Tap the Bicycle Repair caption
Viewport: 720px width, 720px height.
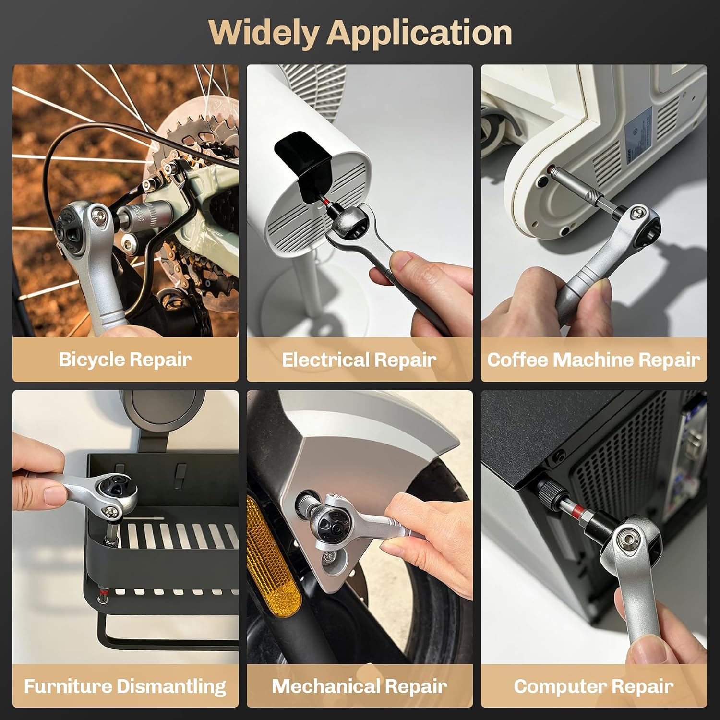coord(125,360)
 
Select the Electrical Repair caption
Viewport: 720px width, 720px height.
coord(359,360)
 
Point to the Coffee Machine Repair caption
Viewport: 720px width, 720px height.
coord(594,360)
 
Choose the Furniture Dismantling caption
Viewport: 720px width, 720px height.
coord(125,686)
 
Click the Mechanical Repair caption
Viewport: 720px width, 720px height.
coord(359,686)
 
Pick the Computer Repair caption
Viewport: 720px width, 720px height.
coord(594,686)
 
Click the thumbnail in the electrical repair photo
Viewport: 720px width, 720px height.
coord(403,262)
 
